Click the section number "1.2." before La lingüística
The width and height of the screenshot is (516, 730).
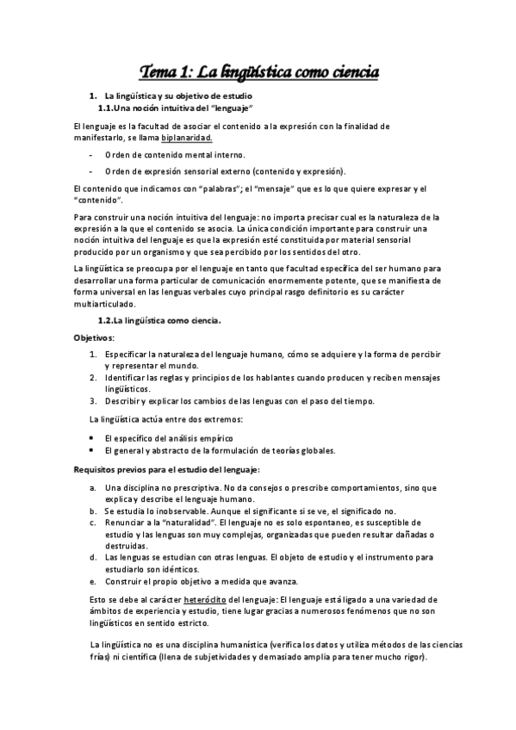coord(105,321)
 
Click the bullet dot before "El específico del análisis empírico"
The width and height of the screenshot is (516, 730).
coord(93,438)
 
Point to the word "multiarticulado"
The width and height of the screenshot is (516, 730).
coord(105,304)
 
